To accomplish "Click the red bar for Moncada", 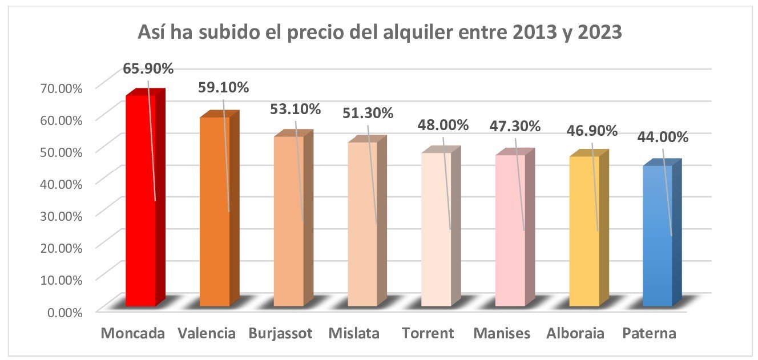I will (140, 200).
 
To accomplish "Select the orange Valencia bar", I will (215, 211).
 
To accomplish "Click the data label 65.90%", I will (148, 69).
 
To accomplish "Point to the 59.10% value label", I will (223, 88).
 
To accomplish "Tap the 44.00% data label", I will (663, 137).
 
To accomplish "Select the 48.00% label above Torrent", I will (443, 125).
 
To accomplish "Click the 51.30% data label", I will (368, 113).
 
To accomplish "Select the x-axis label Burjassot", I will (281, 334).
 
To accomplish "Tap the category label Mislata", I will (354, 334).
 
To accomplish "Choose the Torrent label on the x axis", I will (428, 334).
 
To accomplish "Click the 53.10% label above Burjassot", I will (296, 108).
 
